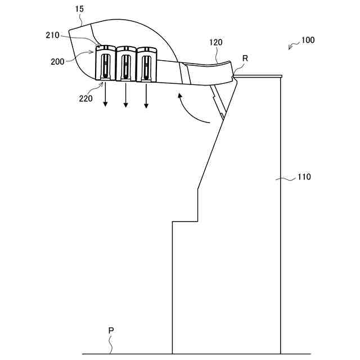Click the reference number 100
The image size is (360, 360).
click(308, 40)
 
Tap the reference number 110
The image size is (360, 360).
click(304, 177)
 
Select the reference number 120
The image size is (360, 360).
click(215, 42)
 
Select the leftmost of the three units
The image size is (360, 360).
click(105, 64)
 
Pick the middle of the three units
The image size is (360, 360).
click(126, 64)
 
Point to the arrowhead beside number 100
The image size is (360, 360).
click(290, 48)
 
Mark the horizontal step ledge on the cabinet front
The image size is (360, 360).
click(184, 222)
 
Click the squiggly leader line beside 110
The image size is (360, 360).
click(288, 179)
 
